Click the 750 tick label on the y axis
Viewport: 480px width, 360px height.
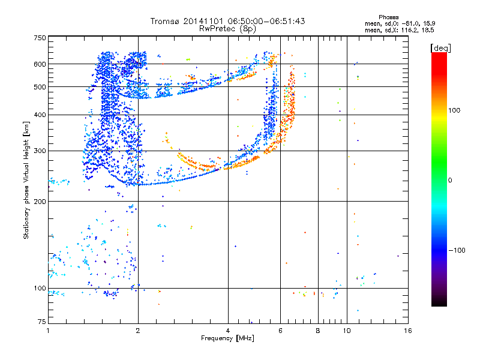pyautogui.click(x=40, y=38)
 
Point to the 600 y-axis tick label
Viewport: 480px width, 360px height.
pyautogui.click(x=40, y=64)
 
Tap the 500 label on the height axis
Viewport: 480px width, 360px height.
pyautogui.click(x=40, y=87)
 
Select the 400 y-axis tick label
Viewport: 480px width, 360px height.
pyautogui.click(x=40, y=115)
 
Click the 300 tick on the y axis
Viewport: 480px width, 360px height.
pyautogui.click(x=40, y=151)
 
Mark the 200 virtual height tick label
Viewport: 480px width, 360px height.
pyautogui.click(x=40, y=201)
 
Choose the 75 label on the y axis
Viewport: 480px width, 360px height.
pyautogui.click(x=41, y=322)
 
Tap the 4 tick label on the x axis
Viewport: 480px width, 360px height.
pyautogui.click(x=228, y=330)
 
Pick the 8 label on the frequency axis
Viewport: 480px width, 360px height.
pyautogui.click(x=318, y=330)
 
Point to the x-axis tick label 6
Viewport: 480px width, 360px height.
pyautogui.click(x=280, y=330)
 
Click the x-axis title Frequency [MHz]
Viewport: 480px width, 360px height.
pyautogui.click(x=227, y=339)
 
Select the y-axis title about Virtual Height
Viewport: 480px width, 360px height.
pyautogui.click(x=26, y=180)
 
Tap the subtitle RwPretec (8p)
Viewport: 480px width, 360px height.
pyautogui.click(x=227, y=28)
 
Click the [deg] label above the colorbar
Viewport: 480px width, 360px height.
pyautogui.click(x=441, y=47)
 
